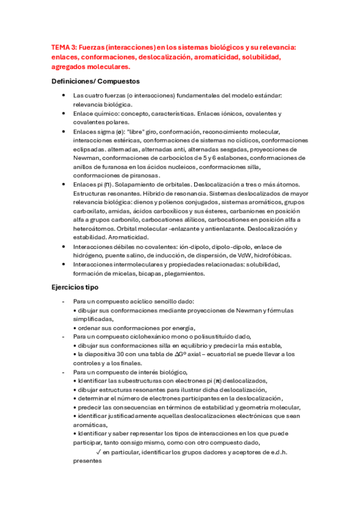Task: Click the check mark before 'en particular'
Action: click(x=98, y=452)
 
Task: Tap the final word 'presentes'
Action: click(x=87, y=461)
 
